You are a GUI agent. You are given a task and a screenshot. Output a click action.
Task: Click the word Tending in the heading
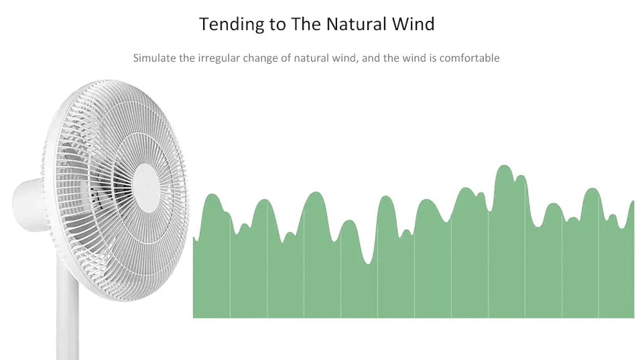point(231,25)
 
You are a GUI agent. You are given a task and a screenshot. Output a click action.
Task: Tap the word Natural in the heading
point(356,24)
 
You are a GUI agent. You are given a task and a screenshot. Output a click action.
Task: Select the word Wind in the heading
point(414,24)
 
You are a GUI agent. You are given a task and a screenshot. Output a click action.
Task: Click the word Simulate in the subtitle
point(155,58)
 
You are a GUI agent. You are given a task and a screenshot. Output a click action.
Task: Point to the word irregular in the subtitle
point(219,59)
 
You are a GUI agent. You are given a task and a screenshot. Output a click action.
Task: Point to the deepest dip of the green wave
point(369,263)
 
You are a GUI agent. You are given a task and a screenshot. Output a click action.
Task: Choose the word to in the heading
point(277,25)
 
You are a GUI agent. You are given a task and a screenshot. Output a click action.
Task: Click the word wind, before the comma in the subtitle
point(345,58)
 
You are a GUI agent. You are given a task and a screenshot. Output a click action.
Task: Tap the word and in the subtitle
point(371,58)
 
